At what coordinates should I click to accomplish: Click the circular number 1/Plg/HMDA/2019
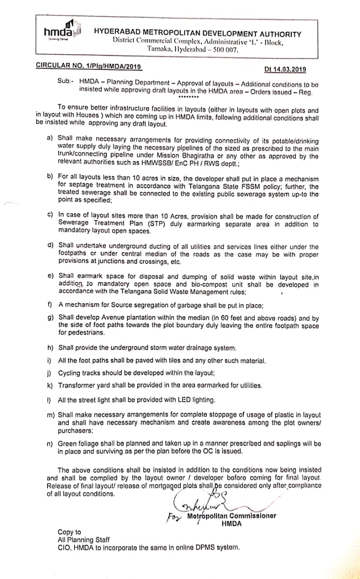89,66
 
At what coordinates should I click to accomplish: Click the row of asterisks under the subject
189,97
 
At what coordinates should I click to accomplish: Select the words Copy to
69,532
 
